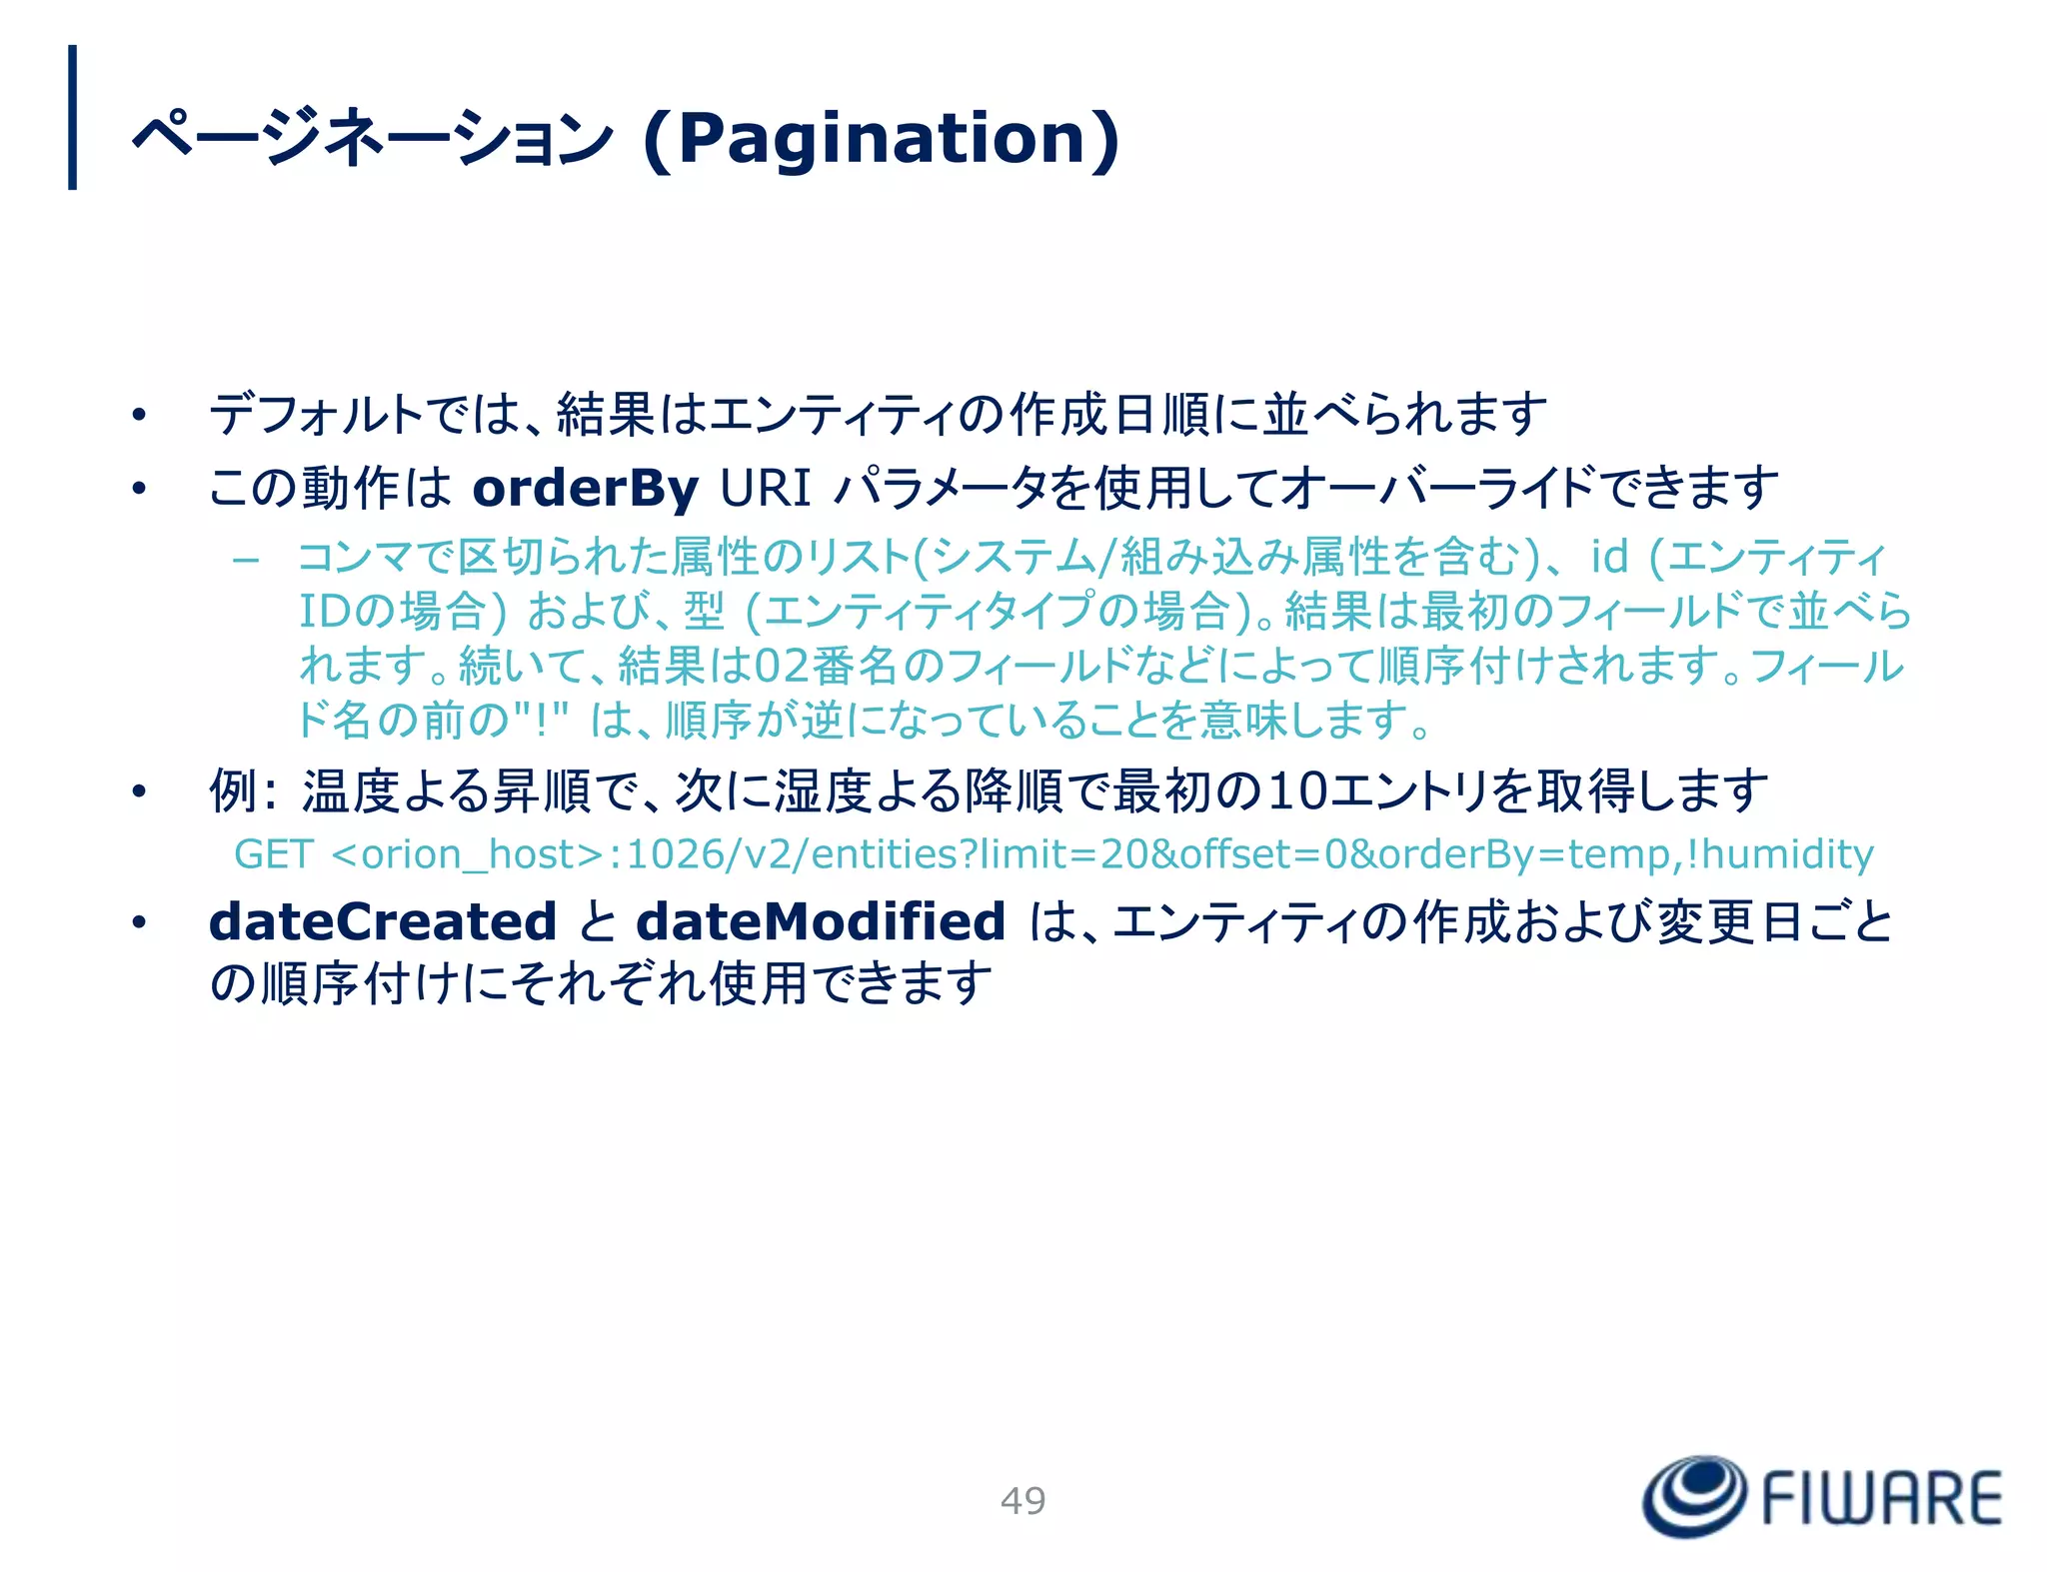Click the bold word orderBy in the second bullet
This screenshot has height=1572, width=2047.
tap(585, 489)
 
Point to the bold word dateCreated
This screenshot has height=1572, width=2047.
tap(382, 921)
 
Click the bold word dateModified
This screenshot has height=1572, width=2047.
tap(821, 921)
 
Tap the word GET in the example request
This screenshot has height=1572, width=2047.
tap(273, 854)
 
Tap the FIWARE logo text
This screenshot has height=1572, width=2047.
tap(1881, 1498)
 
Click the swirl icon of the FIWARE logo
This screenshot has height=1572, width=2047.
tap(1694, 1495)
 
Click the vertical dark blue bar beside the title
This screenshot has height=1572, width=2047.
tap(72, 117)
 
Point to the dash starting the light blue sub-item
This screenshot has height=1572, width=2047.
tap(246, 560)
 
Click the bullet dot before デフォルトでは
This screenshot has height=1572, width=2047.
tap(139, 415)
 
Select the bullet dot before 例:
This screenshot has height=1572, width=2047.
tap(139, 792)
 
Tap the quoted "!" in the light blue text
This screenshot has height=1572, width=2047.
tap(541, 720)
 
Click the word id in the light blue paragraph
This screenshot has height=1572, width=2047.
tap(1609, 557)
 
